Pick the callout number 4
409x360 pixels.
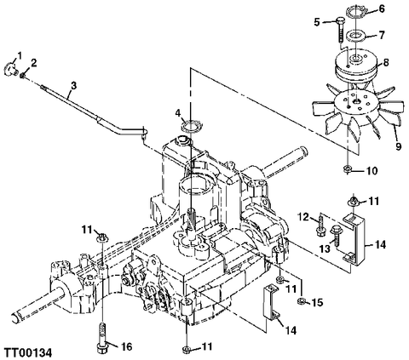[x=177, y=111]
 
